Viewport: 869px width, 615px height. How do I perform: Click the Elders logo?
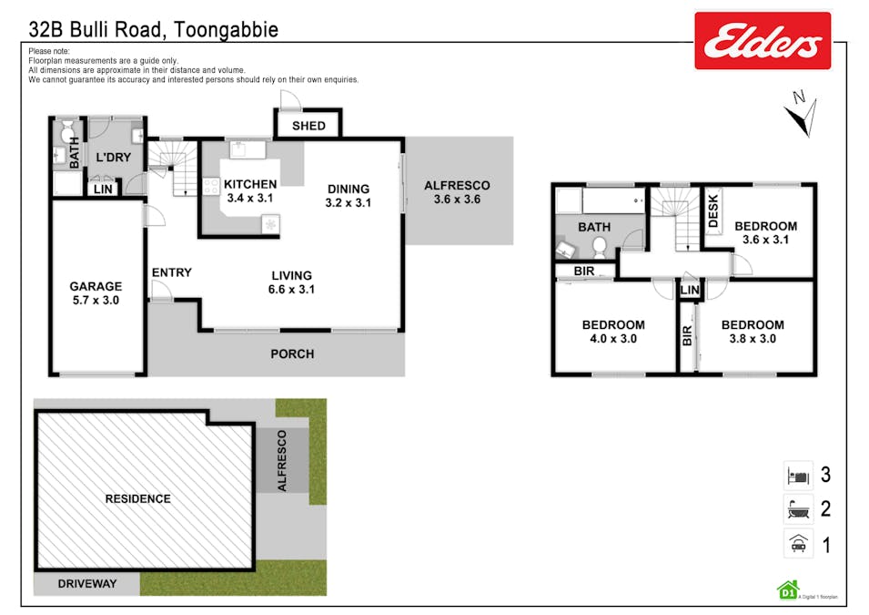[x=762, y=41]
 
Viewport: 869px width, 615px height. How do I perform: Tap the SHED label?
[x=308, y=126]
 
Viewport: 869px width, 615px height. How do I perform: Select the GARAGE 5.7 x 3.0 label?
[x=96, y=292]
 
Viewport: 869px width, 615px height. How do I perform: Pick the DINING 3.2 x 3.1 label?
[x=349, y=196]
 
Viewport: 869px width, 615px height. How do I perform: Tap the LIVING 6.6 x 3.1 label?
[x=291, y=282]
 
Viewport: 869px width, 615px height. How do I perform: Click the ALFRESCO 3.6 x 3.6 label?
[x=457, y=192]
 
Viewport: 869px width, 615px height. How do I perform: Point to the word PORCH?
[x=292, y=354]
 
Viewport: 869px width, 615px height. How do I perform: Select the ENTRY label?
[x=171, y=272]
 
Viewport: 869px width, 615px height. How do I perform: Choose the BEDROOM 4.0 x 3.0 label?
[x=613, y=332]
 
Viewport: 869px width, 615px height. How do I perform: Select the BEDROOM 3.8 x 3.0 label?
[x=753, y=332]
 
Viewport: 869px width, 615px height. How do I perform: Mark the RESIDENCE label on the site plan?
[x=137, y=498]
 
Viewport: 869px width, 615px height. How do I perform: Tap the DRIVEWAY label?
[x=87, y=583]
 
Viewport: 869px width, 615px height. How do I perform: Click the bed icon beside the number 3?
[x=798, y=476]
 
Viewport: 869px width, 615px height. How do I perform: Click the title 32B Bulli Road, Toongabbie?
[x=153, y=30]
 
